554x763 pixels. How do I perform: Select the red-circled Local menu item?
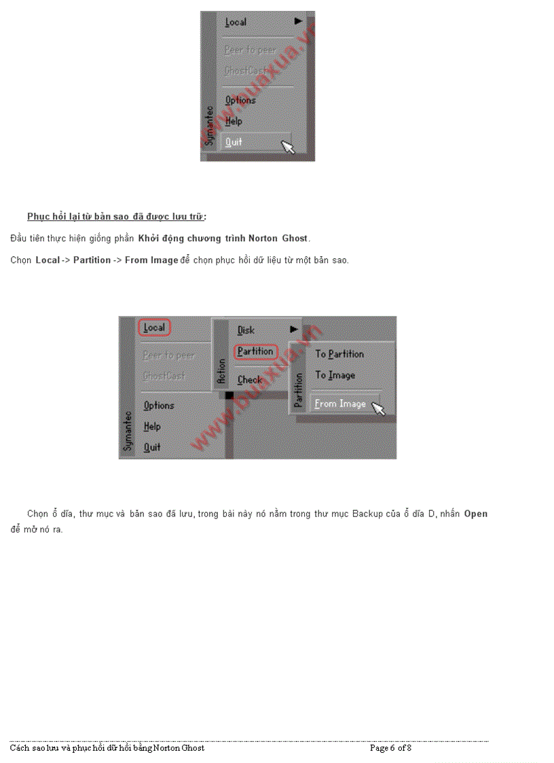[154, 327]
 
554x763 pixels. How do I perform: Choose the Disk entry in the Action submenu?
[246, 330]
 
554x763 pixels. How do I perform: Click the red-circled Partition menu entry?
[255, 351]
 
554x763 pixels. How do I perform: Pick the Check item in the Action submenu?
[249, 380]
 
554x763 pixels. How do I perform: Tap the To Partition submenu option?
[339, 354]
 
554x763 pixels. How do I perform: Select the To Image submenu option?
[335, 375]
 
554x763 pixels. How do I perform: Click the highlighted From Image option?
[340, 404]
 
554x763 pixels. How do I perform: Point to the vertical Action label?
[221, 373]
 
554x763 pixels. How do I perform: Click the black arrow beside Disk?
[293, 330]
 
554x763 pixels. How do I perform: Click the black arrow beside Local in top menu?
[298, 22]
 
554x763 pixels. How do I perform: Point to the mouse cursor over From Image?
[378, 408]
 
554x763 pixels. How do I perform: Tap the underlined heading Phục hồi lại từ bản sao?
[116, 217]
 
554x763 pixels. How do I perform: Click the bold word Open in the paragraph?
[475, 514]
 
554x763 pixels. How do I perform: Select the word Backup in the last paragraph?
[367, 514]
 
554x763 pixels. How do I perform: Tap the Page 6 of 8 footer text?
[390, 748]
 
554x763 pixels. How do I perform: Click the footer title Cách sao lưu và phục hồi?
[107, 748]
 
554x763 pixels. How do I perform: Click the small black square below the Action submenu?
[229, 395]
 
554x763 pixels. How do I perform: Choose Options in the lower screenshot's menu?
[159, 406]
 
